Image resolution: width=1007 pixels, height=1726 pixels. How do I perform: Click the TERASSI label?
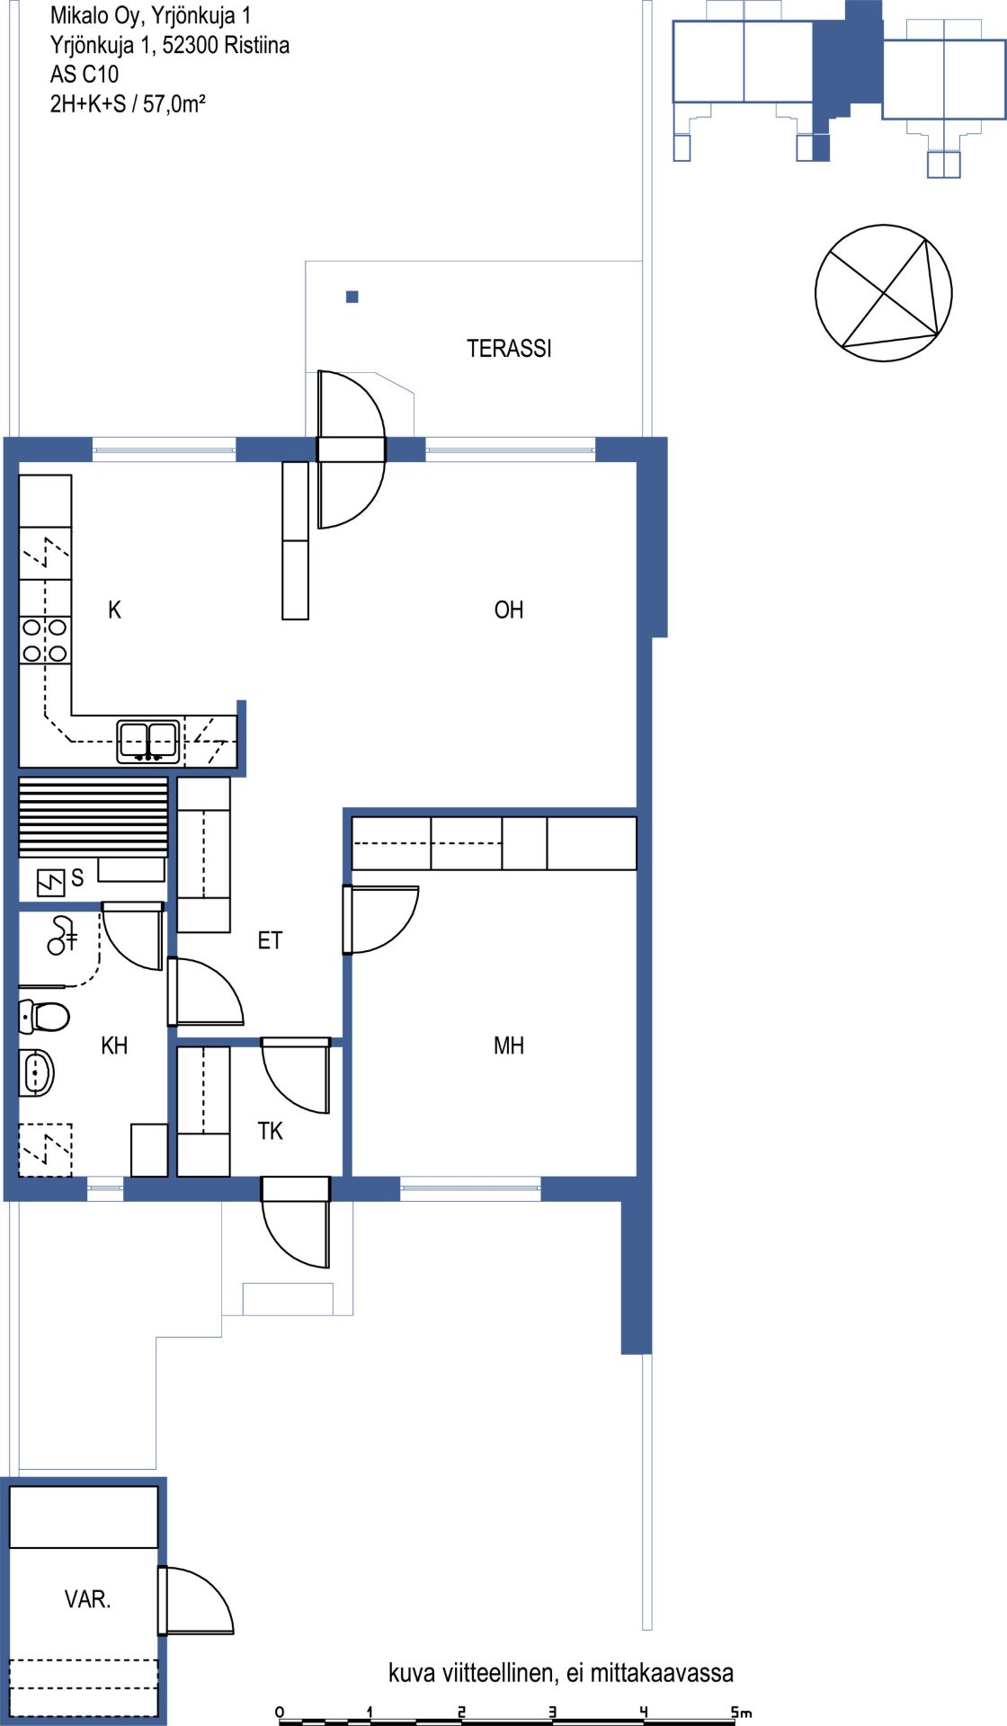click(x=509, y=349)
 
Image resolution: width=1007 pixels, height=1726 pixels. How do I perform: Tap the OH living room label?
click(x=509, y=609)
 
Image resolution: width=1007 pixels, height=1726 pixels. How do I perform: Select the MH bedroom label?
click(x=509, y=1045)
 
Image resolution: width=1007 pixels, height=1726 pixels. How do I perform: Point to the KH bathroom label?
click(x=114, y=1045)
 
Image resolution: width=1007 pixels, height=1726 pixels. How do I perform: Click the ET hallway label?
click(x=270, y=940)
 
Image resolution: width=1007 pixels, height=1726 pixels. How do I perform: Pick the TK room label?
click(x=270, y=1131)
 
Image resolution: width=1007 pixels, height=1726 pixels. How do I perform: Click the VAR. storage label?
click(x=87, y=1599)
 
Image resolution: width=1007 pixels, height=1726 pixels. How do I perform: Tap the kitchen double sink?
click(x=148, y=742)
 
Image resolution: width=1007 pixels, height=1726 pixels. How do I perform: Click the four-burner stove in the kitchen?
click(x=45, y=640)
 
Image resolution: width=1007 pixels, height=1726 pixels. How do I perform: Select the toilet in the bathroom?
click(x=44, y=1017)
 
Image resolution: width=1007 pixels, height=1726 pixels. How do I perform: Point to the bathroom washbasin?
click(x=37, y=1072)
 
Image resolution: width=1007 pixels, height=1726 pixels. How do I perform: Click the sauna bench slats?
click(x=94, y=816)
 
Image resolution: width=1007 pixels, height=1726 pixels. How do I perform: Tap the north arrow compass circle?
click(x=883, y=293)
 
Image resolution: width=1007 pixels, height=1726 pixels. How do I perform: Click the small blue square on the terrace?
click(x=352, y=297)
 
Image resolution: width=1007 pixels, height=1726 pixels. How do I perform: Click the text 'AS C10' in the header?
click(x=85, y=75)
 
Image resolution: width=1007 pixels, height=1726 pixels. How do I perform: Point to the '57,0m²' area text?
click(x=174, y=103)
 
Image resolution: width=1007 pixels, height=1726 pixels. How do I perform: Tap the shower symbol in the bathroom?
click(x=62, y=935)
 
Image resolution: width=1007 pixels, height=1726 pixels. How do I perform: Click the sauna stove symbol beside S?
click(x=50, y=883)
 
